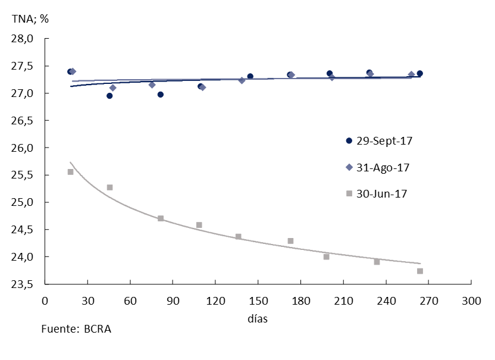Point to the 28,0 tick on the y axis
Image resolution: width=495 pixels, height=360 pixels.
[x=24, y=39]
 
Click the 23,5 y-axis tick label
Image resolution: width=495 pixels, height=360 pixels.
[x=24, y=284]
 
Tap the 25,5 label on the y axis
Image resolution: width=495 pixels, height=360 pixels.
[x=24, y=176]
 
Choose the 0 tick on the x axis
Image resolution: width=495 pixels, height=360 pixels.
[x=45, y=300]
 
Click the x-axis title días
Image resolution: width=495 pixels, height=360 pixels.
[x=258, y=318]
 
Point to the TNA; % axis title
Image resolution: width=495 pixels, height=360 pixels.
[x=30, y=18]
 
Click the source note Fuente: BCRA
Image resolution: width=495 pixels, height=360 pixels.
[x=76, y=329]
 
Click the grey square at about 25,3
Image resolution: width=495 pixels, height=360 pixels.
[x=109, y=187]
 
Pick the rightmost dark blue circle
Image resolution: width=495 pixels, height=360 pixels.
[x=419, y=73]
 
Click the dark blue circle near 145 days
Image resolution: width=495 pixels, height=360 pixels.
[x=250, y=76]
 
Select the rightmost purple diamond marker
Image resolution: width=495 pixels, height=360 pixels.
[x=411, y=74]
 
